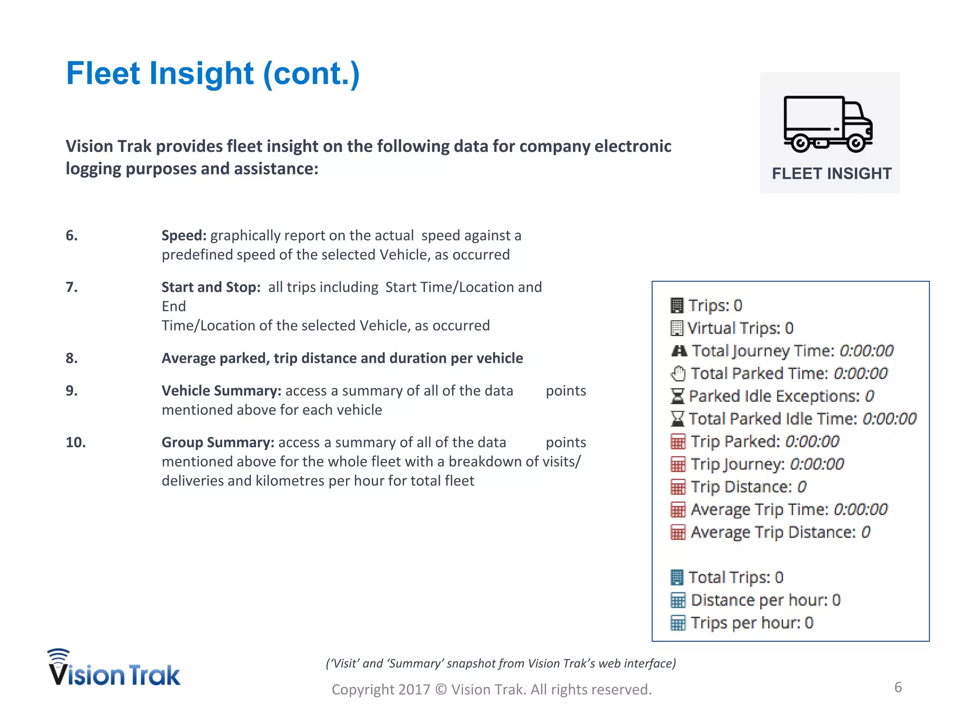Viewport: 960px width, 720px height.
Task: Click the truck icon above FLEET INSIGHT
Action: [828, 124]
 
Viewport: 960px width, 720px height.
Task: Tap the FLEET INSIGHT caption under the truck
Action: [832, 173]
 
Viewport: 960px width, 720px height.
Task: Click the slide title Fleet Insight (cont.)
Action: [213, 74]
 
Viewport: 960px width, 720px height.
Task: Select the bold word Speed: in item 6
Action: [184, 235]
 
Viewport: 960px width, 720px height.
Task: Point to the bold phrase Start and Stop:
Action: [211, 287]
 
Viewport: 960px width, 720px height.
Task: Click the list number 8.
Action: [72, 358]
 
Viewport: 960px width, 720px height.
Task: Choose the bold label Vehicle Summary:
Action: [221, 390]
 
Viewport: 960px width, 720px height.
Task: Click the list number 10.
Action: [75, 442]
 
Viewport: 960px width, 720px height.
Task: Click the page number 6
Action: [898, 687]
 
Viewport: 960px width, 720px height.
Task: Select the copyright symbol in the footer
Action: [441, 690]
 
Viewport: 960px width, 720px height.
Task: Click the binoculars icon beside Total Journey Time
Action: [679, 351]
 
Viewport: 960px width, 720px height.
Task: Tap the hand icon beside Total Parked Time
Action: [678, 374]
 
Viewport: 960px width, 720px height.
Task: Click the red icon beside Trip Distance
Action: [678, 487]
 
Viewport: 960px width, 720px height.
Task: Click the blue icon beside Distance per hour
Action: [678, 600]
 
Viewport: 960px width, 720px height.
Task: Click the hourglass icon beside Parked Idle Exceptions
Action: [677, 397]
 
